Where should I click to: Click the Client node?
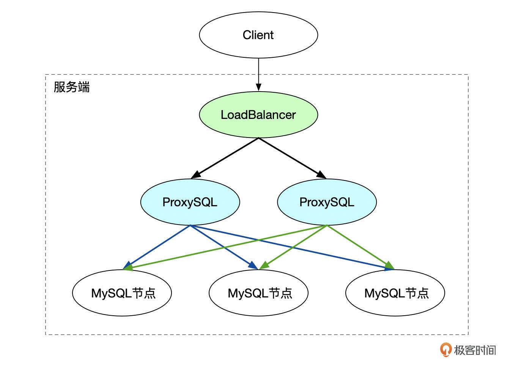(258, 35)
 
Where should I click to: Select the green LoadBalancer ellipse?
(258, 115)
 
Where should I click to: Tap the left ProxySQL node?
(190, 202)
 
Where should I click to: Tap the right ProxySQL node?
(327, 202)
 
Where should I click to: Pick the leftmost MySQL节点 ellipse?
(122, 293)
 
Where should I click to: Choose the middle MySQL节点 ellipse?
(258, 293)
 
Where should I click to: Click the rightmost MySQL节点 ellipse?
(395, 293)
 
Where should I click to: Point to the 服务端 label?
(72, 87)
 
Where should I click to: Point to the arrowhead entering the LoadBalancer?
(258, 87)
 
